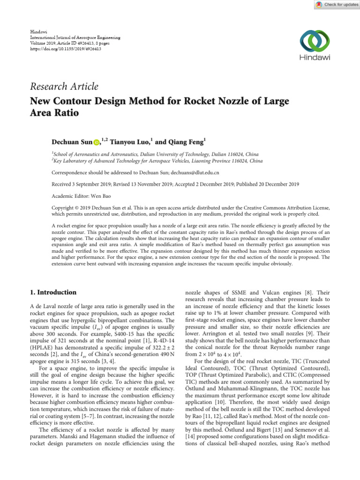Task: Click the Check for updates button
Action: [x=335, y=4]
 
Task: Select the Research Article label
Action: [x=64, y=86]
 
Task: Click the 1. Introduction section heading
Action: [x=53, y=292]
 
